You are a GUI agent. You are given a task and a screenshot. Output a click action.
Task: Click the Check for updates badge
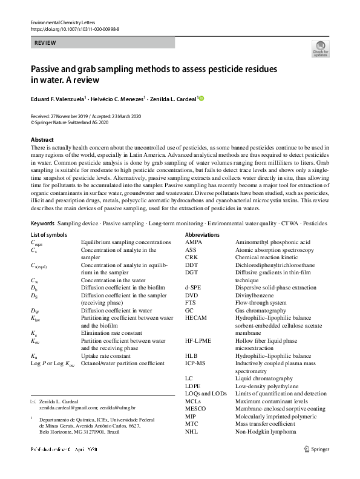pyautogui.click(x=320, y=48)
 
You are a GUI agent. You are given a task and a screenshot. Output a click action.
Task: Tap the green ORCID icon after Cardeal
pyautogui.click(x=201, y=99)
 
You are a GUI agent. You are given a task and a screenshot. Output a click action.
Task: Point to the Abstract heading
pyautogui.click(x=42, y=139)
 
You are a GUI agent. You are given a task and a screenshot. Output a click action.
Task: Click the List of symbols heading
pyautogui.click(x=53, y=234)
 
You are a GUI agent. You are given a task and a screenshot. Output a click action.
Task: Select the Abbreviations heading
pyautogui.click(x=203, y=234)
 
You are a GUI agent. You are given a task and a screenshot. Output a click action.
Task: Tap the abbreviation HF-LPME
pyautogui.click(x=198, y=340)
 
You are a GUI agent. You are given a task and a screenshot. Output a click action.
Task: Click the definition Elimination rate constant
pyautogui.click(x=112, y=333)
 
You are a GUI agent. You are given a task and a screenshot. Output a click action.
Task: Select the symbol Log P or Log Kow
pyautogui.click(x=53, y=363)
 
